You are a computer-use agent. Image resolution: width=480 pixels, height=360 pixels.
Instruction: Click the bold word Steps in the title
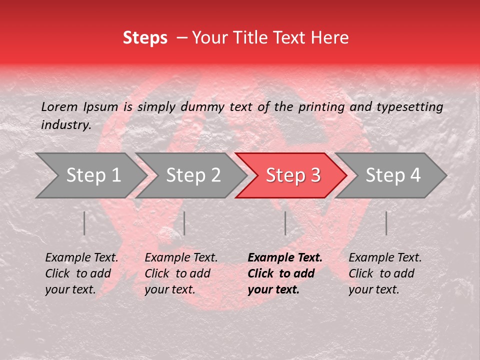coord(145,38)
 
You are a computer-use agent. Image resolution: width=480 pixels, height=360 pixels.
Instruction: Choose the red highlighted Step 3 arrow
coord(293,175)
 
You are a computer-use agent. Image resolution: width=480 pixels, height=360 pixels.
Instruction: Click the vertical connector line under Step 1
coord(84,223)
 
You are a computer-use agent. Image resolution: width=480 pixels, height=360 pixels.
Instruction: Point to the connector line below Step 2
coord(184,223)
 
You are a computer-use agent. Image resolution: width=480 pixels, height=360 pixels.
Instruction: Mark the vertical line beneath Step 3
coord(285,223)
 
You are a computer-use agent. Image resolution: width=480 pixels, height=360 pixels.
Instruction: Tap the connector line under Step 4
coord(386,223)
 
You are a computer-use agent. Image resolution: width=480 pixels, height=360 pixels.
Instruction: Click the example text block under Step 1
coord(81,273)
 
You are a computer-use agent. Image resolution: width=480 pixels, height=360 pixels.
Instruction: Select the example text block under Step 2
coord(181,273)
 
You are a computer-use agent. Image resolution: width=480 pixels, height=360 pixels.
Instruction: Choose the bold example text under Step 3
coord(284,273)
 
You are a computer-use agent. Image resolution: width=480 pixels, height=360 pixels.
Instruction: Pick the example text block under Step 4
coord(385,273)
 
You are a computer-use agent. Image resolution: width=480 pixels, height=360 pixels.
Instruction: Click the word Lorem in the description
coord(59,107)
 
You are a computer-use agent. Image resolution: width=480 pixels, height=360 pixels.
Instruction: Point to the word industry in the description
coord(65,125)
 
